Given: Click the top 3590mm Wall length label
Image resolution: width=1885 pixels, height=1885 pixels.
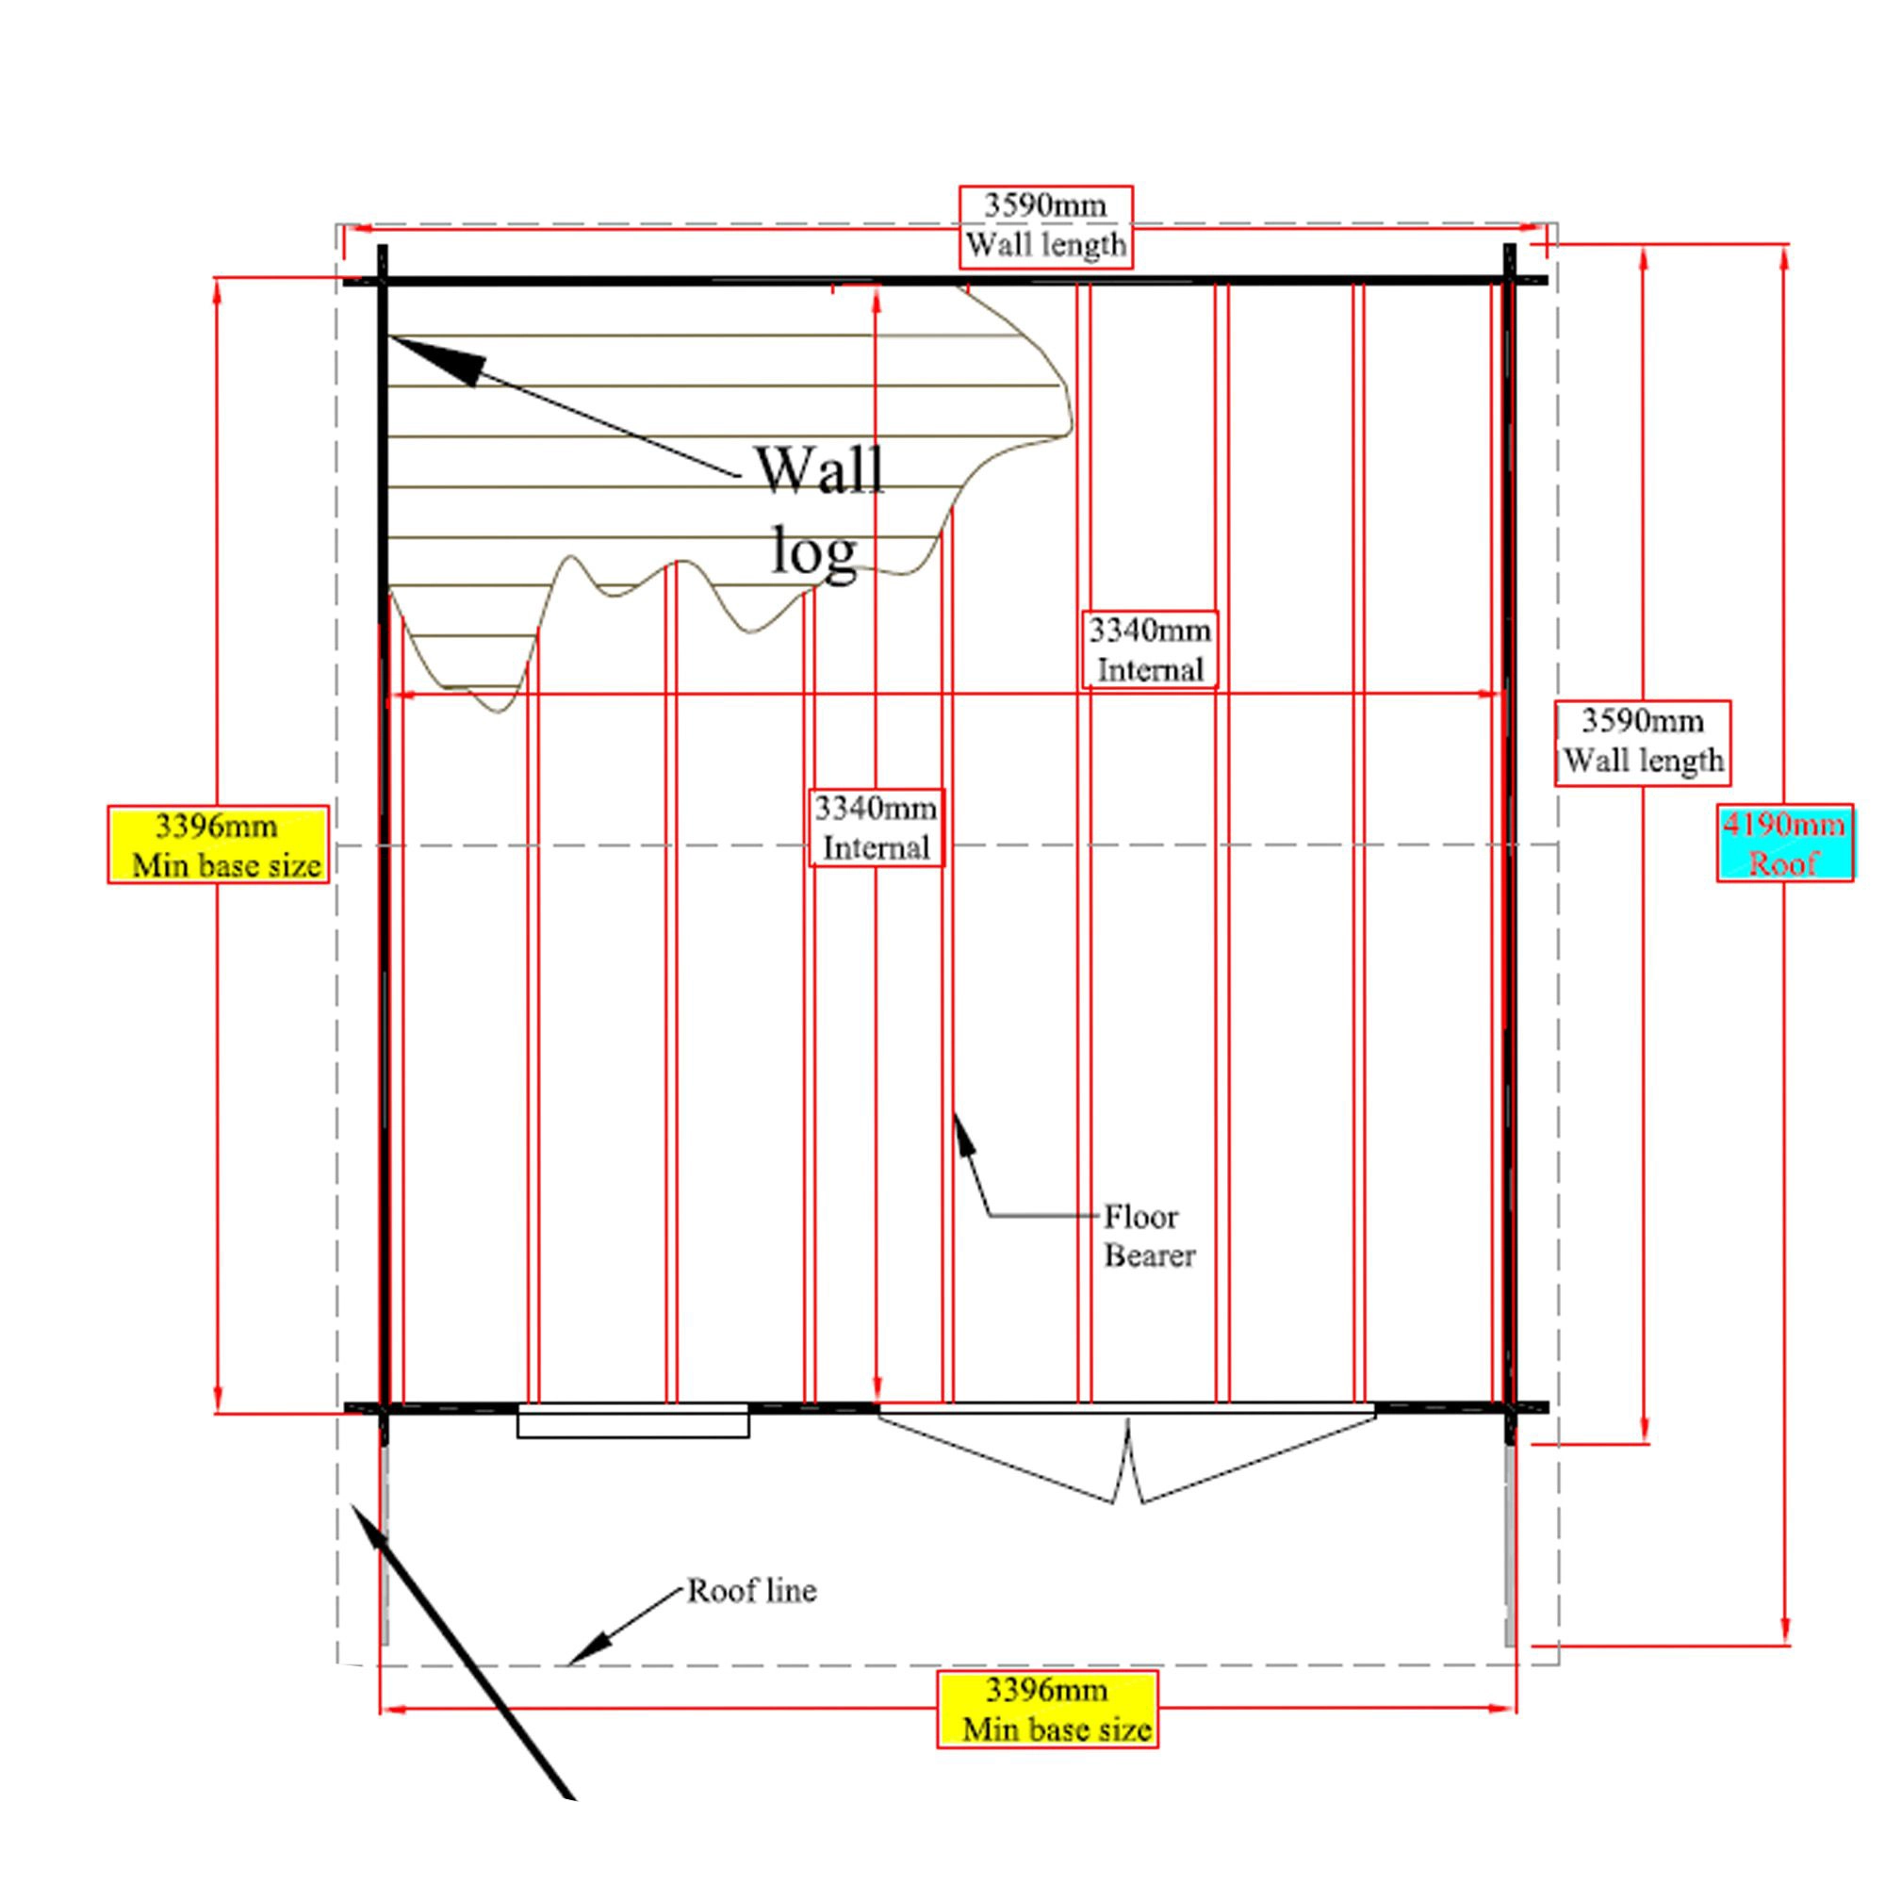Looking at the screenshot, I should pyautogui.click(x=1046, y=225).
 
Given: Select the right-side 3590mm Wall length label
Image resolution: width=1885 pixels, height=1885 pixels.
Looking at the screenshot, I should pyautogui.click(x=1643, y=742).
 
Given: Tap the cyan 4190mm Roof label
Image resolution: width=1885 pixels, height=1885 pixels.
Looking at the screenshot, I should pyautogui.click(x=1784, y=844).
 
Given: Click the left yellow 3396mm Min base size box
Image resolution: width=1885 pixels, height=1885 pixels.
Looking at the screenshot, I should pyautogui.click(x=218, y=844).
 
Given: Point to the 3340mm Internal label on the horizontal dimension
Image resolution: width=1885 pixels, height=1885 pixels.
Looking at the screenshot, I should pyautogui.click(x=1150, y=649).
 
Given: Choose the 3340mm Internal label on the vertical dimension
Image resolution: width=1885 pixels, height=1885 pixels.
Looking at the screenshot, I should pyautogui.click(x=877, y=828).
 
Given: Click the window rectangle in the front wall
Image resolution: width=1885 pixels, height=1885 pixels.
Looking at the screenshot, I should pyautogui.click(x=632, y=1421).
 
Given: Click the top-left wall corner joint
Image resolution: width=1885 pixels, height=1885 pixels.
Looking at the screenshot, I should pyautogui.click(x=383, y=282).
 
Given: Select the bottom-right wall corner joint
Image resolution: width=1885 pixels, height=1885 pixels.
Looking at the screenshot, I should pyautogui.click(x=1509, y=1408).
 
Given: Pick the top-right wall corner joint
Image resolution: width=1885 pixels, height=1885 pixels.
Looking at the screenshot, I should pyautogui.click(x=1509, y=282).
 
